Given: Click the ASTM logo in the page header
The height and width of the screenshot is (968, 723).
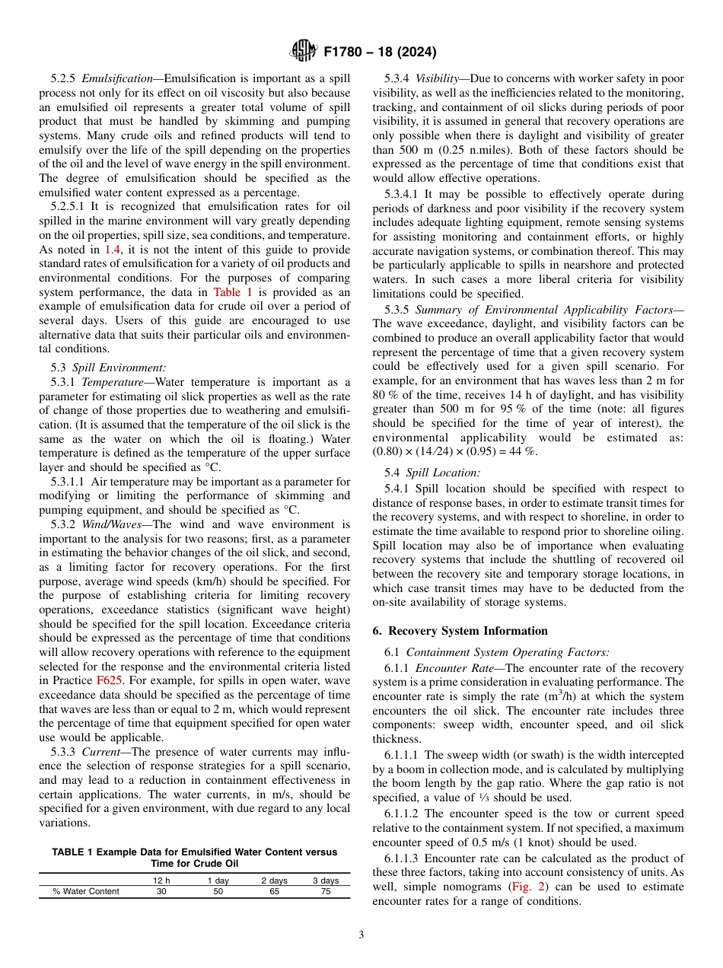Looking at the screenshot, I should click(x=304, y=52).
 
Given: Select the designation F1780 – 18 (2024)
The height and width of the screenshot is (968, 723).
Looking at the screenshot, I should click(x=380, y=53).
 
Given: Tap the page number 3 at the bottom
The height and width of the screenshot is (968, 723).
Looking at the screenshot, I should click(x=361, y=935).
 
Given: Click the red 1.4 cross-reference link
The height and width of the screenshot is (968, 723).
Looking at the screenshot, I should click(x=113, y=250).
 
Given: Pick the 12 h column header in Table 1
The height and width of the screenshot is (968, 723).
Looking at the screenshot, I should click(x=161, y=880).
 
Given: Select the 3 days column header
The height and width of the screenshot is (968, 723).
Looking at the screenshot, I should click(x=326, y=880).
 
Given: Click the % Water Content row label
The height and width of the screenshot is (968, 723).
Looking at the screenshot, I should click(x=86, y=892).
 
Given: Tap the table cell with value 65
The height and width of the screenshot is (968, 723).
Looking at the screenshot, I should click(x=274, y=892).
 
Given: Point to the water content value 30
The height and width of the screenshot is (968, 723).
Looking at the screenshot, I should click(x=161, y=892).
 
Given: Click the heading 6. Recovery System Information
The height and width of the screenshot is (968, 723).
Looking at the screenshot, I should click(x=460, y=630).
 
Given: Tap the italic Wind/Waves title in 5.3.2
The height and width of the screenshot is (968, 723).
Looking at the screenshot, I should click(x=104, y=524).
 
